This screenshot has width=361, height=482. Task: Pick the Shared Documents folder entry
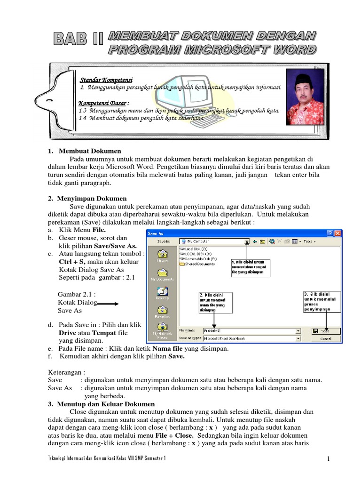click(196, 264)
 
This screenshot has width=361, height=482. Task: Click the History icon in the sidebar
click(162, 256)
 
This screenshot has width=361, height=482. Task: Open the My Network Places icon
click(162, 329)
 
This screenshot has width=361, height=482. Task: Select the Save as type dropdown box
click(251, 338)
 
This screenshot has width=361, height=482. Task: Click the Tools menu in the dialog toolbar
click(309, 241)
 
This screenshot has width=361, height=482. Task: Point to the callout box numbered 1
click(250, 267)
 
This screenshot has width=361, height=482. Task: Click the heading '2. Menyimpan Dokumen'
click(87, 199)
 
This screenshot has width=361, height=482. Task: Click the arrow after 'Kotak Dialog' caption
click(108, 304)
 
